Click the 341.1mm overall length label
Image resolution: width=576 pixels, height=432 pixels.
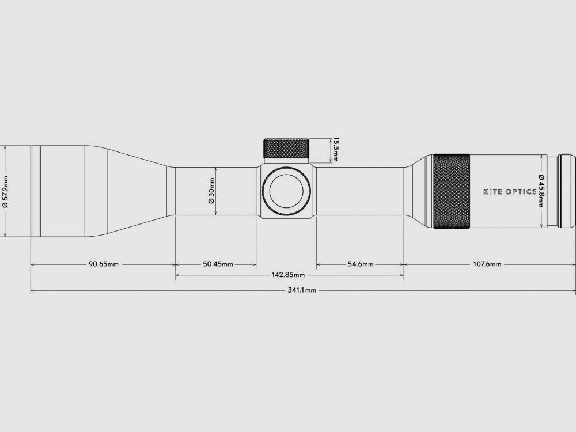tap(302, 291)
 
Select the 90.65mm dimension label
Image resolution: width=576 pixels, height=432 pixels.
tap(104, 264)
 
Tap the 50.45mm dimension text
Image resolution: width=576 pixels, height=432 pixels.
tap(218, 264)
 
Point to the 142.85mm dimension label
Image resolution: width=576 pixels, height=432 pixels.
tap(288, 275)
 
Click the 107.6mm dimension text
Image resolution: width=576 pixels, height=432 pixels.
tap(487, 264)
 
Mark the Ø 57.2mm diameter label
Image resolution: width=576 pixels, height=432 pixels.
tap(5, 191)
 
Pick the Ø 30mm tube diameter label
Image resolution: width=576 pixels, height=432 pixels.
tap(211, 191)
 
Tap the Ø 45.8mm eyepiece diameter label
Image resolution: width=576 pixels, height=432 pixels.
tap(541, 191)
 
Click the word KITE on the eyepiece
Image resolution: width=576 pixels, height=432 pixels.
tap(493, 191)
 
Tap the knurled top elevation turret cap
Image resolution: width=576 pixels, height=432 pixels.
tap(287, 149)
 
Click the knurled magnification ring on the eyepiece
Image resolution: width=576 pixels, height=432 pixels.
tap(452, 191)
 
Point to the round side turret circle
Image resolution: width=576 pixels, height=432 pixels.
tap(287, 191)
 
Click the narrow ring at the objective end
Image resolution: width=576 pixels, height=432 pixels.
tap(35, 191)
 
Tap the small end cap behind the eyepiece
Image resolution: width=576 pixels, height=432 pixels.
tap(567, 191)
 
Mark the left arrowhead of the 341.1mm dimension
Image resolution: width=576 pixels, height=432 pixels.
tap(32, 291)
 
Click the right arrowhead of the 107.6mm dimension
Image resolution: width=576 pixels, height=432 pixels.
tap(573, 264)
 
